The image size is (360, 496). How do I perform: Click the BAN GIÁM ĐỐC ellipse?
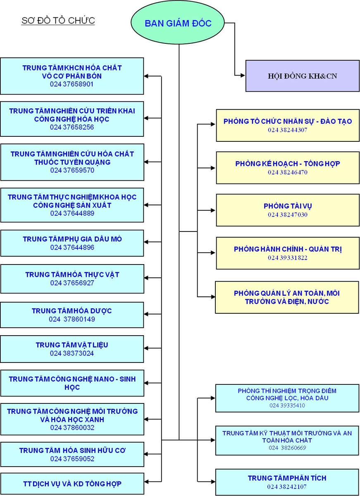[178, 23]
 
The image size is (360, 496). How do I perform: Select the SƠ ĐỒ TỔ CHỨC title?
[58, 21]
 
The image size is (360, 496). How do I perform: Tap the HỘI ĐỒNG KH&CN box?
[303, 76]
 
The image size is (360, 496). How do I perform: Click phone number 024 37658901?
[72, 84]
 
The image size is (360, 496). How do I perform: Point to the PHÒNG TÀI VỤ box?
[288, 210]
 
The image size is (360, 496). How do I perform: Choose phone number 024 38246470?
[288, 172]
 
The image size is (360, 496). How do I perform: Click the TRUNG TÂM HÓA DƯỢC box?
[72, 315]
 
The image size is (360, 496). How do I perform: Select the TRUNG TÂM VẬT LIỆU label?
[72, 345]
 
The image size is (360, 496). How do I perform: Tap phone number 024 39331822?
[288, 258]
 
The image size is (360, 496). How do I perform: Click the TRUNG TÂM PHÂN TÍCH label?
[287, 478]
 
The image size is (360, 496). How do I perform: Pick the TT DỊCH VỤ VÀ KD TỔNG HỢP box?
[72, 484]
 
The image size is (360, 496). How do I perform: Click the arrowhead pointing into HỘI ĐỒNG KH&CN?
[243, 76]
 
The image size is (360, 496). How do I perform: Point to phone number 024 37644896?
[72, 247]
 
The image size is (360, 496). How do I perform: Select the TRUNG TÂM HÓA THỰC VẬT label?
[72, 275]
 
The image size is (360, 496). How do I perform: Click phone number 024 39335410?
[287, 405]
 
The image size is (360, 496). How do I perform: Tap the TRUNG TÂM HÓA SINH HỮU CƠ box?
[72, 454]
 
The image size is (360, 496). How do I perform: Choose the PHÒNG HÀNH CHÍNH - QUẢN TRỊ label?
[288, 249]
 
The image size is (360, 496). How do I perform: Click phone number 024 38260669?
[287, 448]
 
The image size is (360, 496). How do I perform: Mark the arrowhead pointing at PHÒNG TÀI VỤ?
[213, 210]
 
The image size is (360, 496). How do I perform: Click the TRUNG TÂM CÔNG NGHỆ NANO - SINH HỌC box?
[72, 383]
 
